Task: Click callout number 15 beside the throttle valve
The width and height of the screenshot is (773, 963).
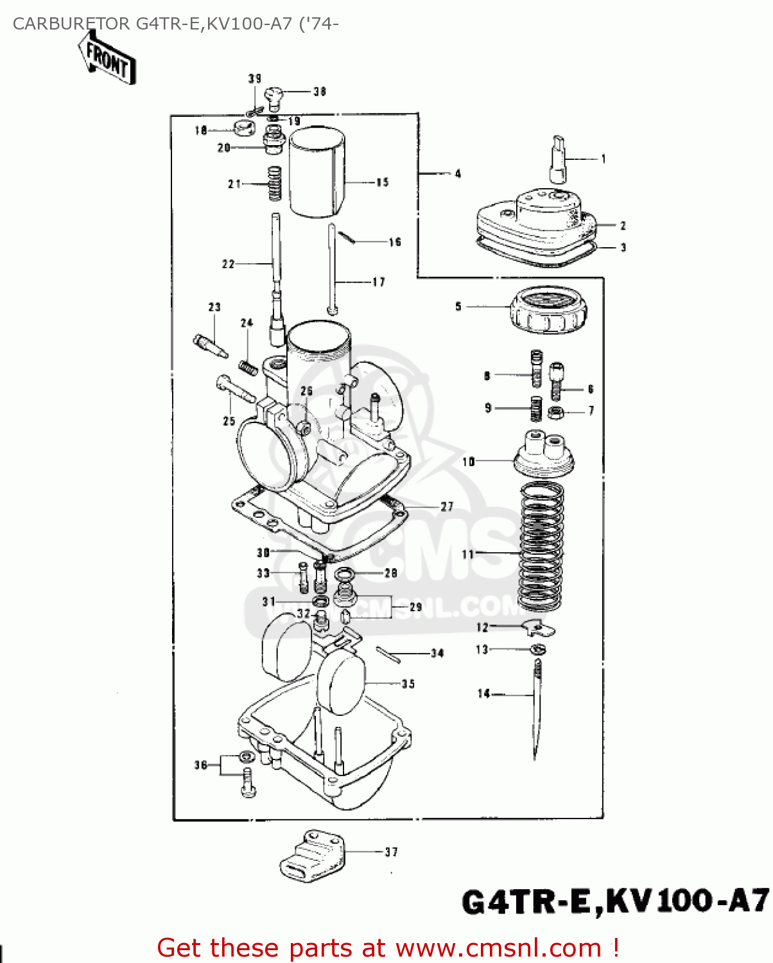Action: (383, 182)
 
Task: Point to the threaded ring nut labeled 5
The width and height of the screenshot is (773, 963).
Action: (548, 310)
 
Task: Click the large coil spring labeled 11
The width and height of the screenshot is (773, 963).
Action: (541, 546)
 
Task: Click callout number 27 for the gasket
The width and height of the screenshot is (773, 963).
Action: (447, 507)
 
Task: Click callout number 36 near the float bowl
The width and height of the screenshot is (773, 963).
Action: (201, 765)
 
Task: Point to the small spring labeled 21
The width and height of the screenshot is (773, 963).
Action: (274, 184)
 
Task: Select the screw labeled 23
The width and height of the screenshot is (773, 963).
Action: (210, 344)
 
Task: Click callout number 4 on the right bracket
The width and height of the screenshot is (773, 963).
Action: (458, 173)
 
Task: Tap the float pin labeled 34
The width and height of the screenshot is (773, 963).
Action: (388, 654)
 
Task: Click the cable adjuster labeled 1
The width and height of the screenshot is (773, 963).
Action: (557, 159)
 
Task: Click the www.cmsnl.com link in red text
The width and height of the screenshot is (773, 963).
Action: (498, 948)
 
